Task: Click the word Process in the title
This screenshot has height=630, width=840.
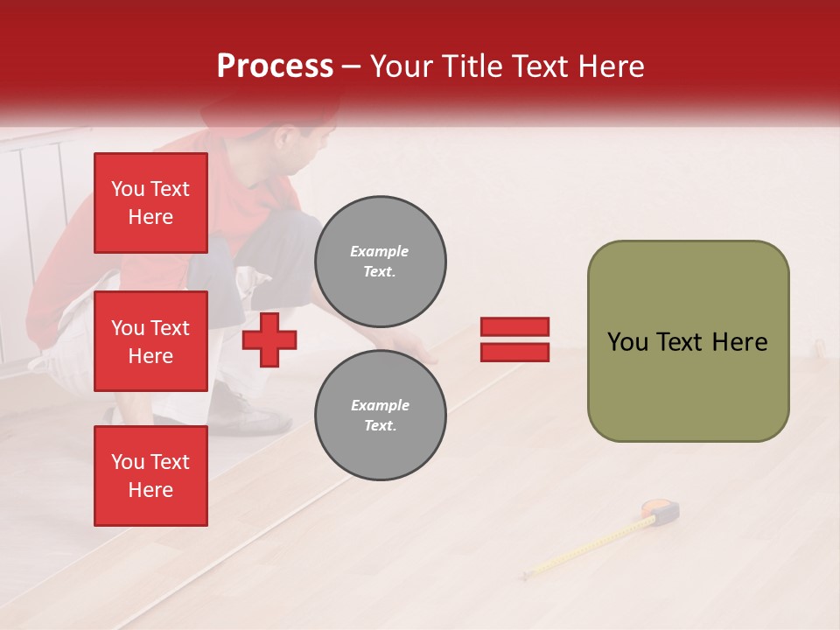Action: tap(275, 66)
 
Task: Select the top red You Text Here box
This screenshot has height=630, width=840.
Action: tap(150, 203)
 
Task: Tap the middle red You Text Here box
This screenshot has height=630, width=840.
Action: tap(150, 341)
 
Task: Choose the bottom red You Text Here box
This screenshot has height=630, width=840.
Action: tap(150, 476)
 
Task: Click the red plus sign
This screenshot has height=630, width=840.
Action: tap(269, 339)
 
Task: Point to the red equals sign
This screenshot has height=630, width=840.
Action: tap(514, 339)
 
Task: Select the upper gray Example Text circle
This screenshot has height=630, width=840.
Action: tap(380, 262)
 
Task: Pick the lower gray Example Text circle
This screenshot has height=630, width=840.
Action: tap(380, 416)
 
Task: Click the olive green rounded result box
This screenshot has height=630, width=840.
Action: tap(688, 341)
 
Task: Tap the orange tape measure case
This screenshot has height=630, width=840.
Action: tap(661, 511)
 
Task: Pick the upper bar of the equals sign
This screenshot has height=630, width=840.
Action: tap(514, 327)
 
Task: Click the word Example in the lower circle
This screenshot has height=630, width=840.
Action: tap(380, 405)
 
